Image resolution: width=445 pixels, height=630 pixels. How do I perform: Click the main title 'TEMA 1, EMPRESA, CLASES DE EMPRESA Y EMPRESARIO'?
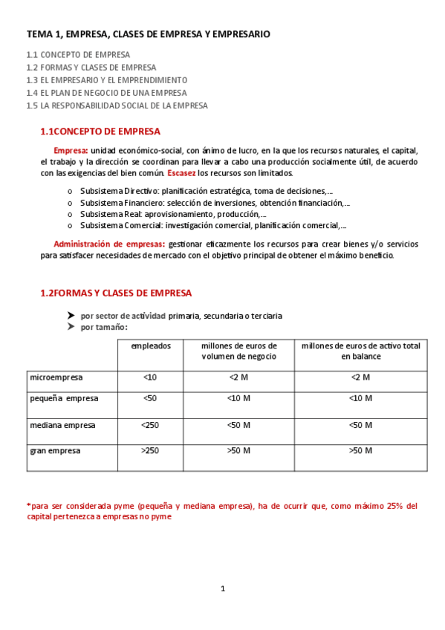148,34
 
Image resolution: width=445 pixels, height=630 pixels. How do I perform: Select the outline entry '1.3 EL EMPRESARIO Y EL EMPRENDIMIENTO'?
106,79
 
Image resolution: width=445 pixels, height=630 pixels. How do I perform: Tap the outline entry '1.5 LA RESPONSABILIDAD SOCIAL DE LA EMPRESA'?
117,105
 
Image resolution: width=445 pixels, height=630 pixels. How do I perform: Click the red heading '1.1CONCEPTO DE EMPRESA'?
100,131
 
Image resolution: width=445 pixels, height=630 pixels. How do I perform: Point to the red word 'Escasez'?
182,173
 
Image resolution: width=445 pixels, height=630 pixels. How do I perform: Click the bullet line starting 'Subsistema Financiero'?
215,202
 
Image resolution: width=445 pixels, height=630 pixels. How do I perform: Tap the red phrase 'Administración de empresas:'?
109,244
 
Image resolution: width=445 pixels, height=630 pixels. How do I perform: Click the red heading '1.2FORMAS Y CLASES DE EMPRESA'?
116,293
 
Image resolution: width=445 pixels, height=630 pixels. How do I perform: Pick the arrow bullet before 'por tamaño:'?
71,327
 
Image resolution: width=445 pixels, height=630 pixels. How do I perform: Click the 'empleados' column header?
151,345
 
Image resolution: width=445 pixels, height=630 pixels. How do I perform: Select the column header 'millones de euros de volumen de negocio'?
238,351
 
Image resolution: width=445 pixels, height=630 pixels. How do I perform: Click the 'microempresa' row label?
56,377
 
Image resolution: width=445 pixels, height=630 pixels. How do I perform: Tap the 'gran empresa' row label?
55,450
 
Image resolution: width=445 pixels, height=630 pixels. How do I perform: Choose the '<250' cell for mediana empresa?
149,425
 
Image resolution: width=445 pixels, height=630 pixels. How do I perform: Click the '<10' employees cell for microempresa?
149,377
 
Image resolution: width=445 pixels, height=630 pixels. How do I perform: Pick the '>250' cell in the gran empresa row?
149,450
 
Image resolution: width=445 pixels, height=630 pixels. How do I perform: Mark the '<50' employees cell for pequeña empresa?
149,398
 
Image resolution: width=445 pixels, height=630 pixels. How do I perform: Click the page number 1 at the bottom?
222,589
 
